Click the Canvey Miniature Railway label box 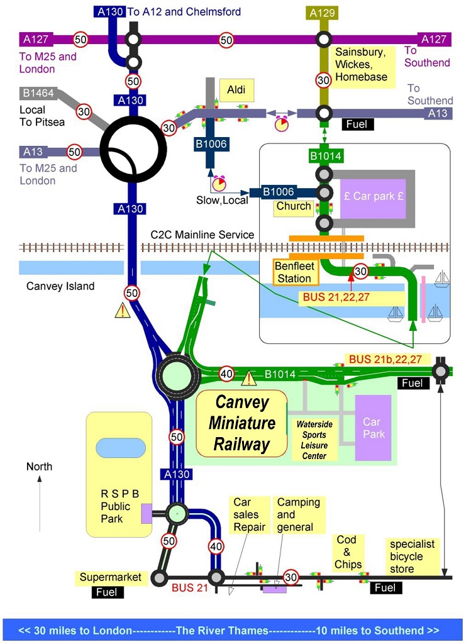click(242, 423)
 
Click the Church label click(294, 206)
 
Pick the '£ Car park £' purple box click(374, 196)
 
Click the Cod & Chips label click(348, 552)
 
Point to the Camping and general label click(299, 515)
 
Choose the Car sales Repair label click(250, 515)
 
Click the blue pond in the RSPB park click(119, 448)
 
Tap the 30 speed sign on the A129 click(323, 80)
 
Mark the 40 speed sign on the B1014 click(227, 374)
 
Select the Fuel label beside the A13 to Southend click(358, 125)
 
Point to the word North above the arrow click(39, 467)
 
